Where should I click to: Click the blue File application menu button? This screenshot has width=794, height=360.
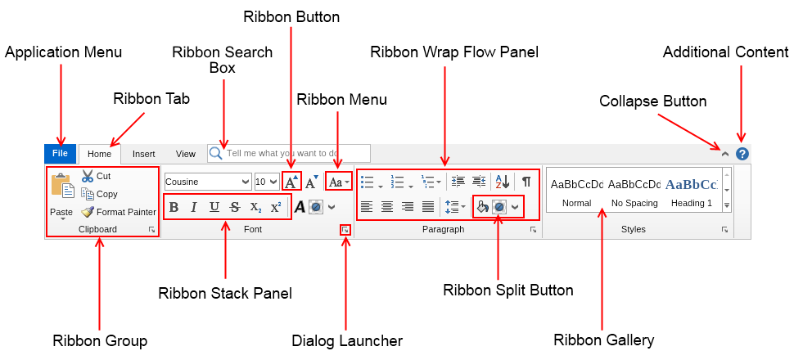[60, 153]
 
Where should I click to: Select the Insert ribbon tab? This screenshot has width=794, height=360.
[144, 154]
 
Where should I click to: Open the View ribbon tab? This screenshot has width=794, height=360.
[186, 154]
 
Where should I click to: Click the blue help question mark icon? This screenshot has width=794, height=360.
[742, 153]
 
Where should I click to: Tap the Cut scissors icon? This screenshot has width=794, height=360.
[88, 176]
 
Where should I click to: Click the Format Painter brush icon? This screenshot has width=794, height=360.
[88, 212]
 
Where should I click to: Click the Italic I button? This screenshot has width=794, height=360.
[194, 207]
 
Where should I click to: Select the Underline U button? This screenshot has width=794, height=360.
[214, 207]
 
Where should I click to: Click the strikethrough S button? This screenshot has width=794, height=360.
[235, 207]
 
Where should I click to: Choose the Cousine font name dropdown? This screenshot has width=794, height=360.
[208, 182]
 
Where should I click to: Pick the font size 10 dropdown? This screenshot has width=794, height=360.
[266, 182]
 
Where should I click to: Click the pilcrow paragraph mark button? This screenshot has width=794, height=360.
[526, 182]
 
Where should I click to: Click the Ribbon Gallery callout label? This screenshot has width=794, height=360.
[603, 340]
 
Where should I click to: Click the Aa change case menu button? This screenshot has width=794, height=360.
[339, 182]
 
